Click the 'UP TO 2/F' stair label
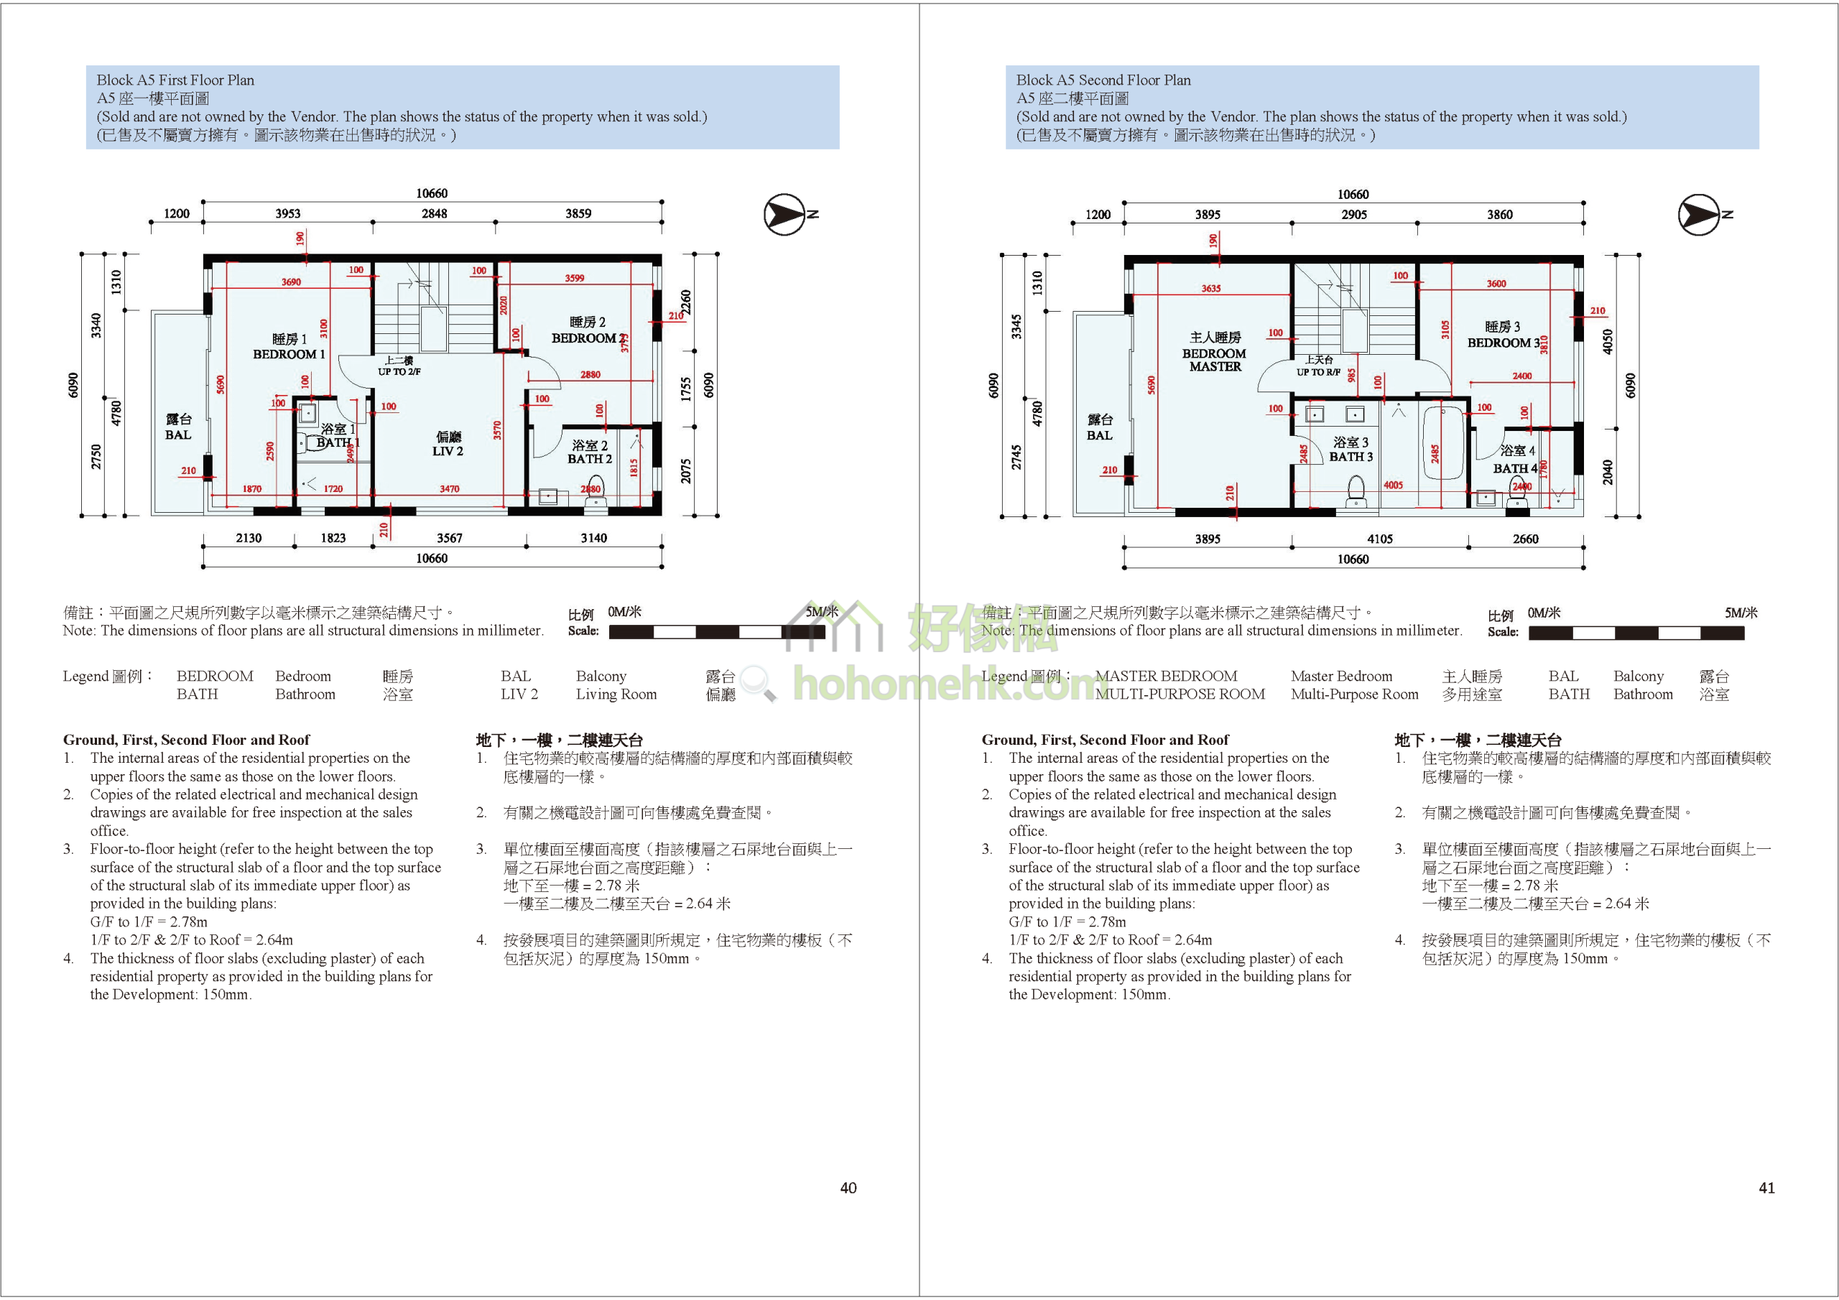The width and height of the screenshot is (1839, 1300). click(x=399, y=371)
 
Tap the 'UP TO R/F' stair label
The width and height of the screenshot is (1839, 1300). click(x=1318, y=371)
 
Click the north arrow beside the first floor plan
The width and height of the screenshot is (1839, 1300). click(x=785, y=215)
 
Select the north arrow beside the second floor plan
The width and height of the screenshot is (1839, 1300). click(x=1700, y=215)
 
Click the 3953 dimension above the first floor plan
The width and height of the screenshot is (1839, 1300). click(x=287, y=213)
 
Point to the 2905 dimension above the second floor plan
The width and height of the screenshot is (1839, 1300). click(x=1353, y=214)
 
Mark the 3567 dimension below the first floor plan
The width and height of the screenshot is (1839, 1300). click(x=450, y=538)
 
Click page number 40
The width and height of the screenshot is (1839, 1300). click(x=848, y=1188)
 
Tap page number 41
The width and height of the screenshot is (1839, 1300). click(x=1766, y=1188)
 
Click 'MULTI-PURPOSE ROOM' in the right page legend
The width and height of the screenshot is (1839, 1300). click(x=1180, y=695)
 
